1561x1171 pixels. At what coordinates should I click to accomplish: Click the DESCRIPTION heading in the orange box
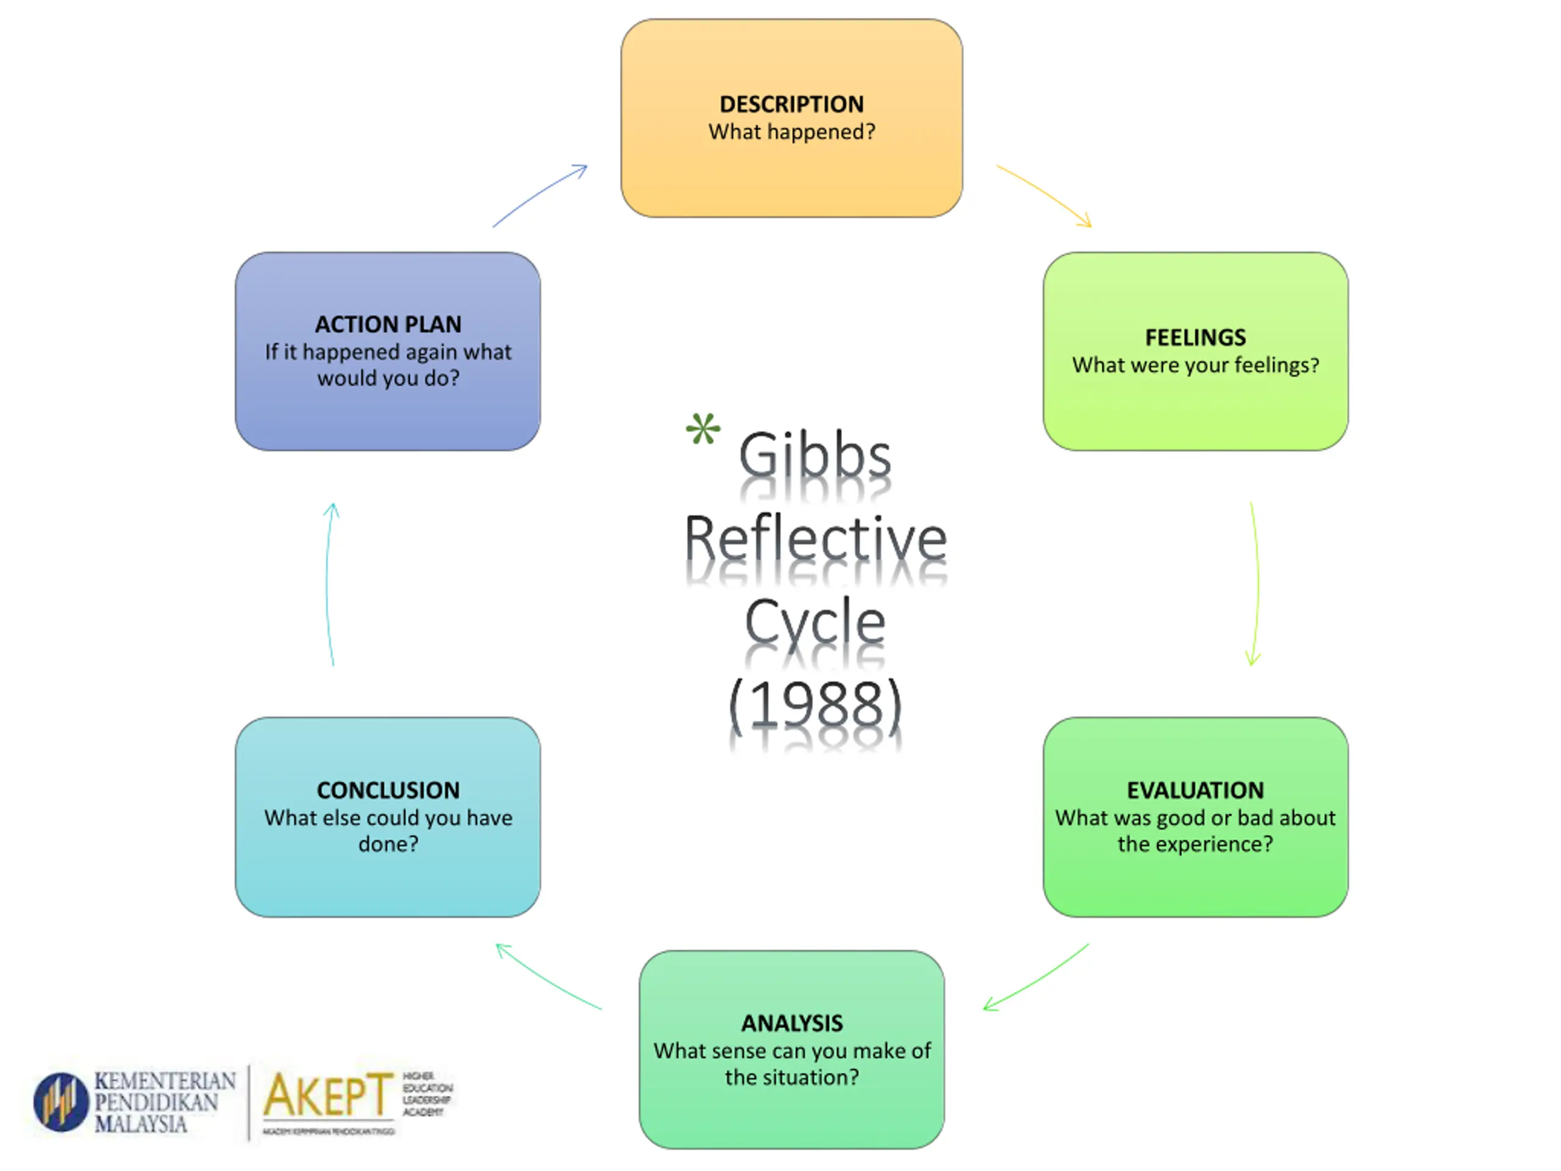(x=791, y=104)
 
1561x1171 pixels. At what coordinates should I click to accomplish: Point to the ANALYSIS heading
(x=791, y=1023)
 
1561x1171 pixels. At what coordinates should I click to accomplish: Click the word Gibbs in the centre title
(x=815, y=455)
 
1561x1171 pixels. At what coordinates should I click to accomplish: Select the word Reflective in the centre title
(x=815, y=539)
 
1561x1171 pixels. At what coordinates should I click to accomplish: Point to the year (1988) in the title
(x=815, y=704)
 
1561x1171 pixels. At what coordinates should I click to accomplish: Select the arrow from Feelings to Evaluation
(x=1256, y=584)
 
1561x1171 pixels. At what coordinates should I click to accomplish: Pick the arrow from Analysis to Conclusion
(x=548, y=976)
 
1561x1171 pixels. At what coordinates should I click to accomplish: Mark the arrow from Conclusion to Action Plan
(x=329, y=584)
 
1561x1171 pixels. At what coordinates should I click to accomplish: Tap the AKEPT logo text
(x=327, y=1095)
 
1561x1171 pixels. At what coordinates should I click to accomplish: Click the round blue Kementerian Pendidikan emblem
(x=62, y=1102)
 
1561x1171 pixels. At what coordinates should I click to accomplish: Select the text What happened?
(x=791, y=132)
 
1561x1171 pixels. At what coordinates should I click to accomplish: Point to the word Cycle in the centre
(x=815, y=621)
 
